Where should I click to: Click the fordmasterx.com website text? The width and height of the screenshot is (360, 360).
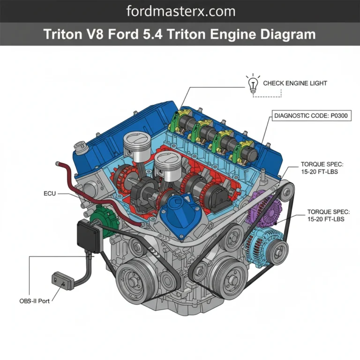point(180,11)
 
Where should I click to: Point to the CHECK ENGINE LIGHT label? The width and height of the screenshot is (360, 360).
point(295,83)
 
